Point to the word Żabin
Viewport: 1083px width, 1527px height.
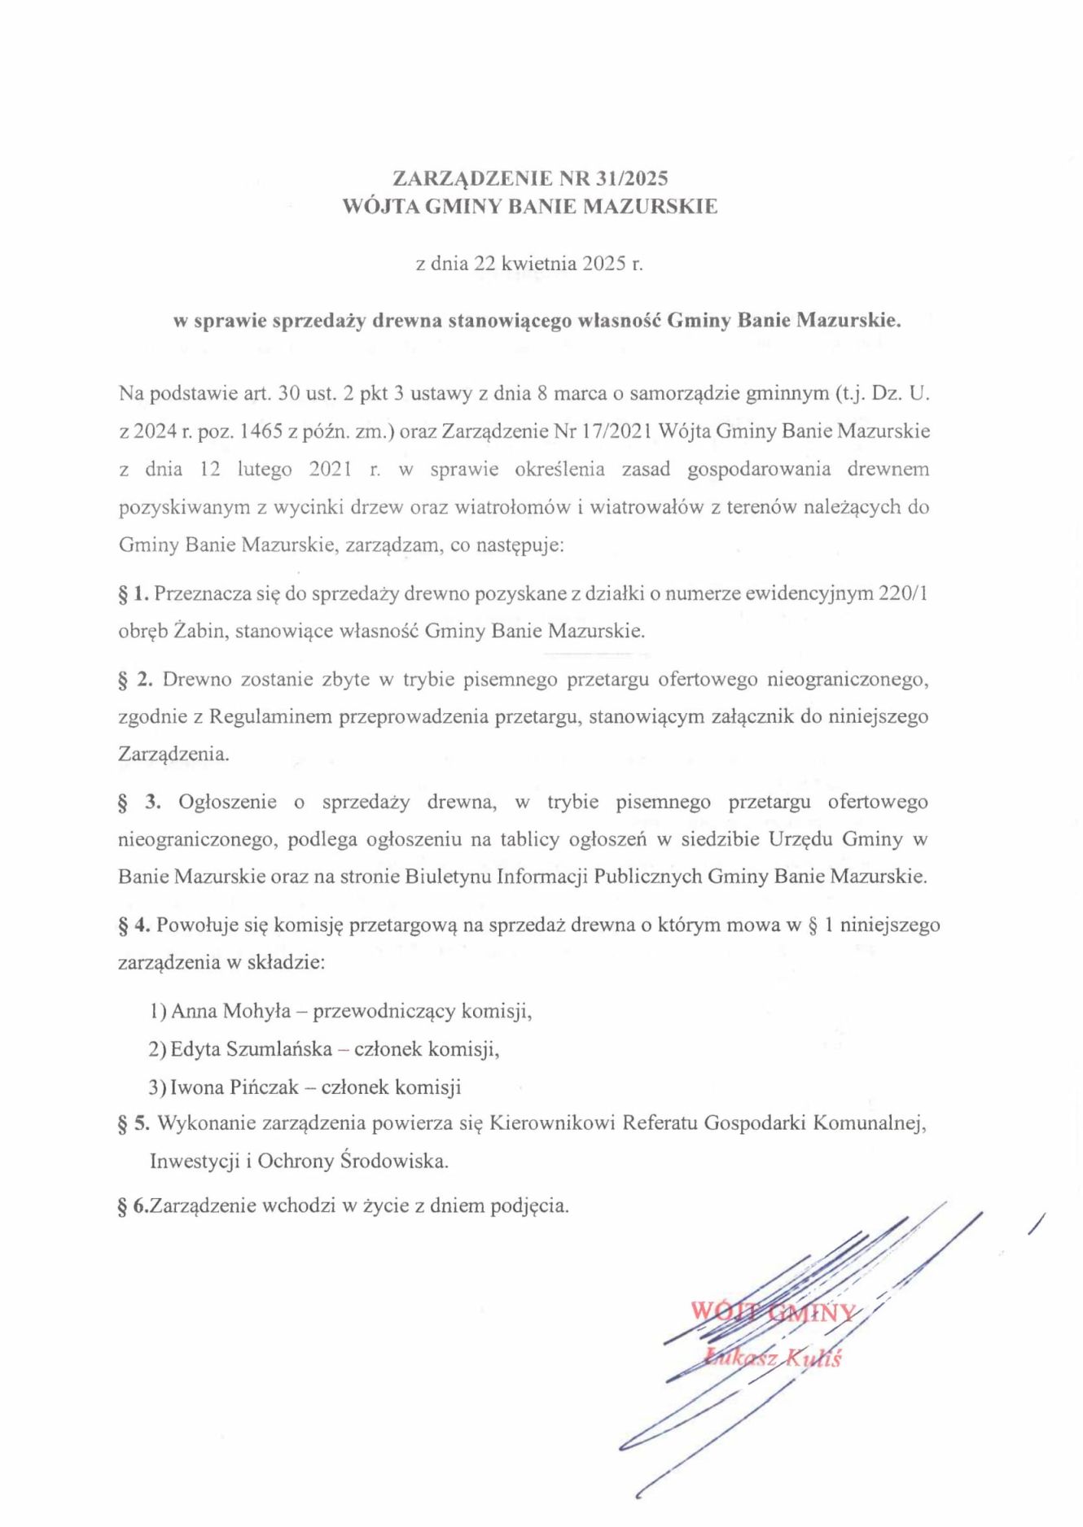pyautogui.click(x=199, y=631)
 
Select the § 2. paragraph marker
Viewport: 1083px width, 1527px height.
pyautogui.click(x=135, y=679)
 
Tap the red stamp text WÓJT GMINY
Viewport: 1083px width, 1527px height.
pyautogui.click(x=772, y=1311)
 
